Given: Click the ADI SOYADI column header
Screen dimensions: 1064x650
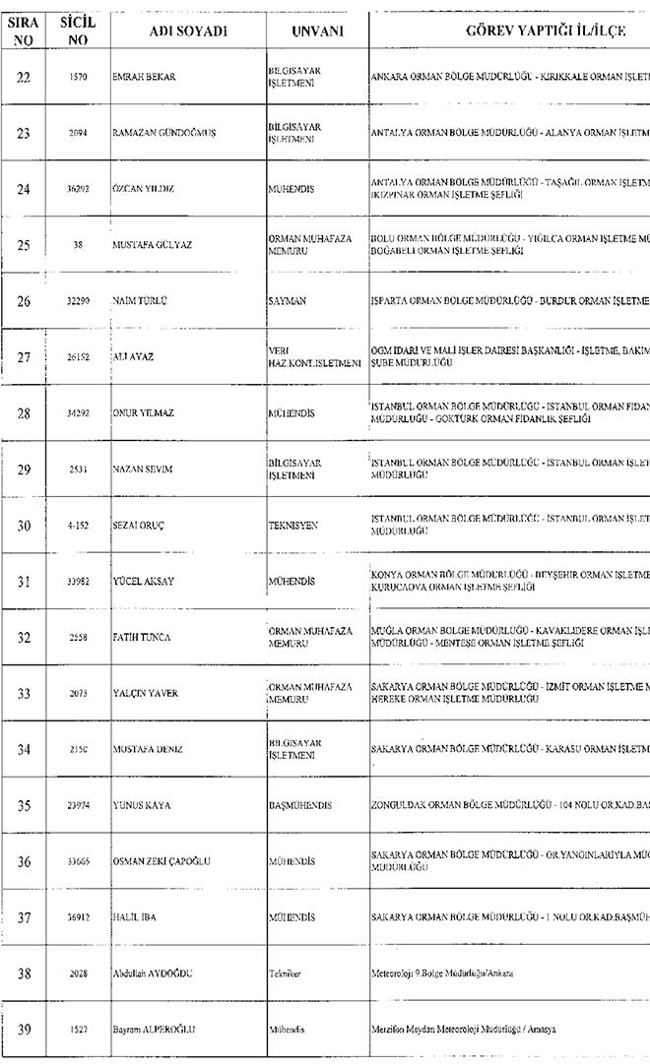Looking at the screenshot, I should pos(188,31).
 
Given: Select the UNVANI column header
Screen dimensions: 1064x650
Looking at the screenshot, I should pos(316,31).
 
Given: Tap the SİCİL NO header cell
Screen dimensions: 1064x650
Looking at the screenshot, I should pos(78,31).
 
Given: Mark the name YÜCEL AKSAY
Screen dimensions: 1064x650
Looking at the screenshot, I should pos(143,582).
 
